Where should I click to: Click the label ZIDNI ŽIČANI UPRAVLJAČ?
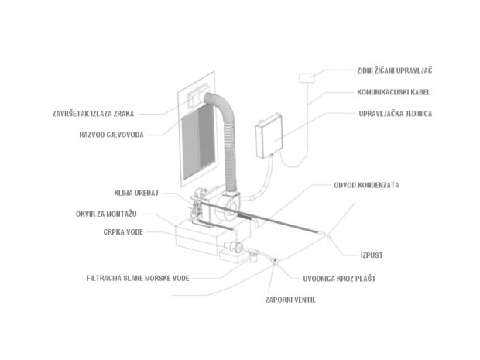[x=395, y=70]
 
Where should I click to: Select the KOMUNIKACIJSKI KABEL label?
[x=393, y=92]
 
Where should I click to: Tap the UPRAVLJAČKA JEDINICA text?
[x=396, y=114]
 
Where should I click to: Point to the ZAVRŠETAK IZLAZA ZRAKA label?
[x=94, y=114]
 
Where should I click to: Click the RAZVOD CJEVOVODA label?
[x=111, y=135]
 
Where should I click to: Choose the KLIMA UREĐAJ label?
[x=136, y=194]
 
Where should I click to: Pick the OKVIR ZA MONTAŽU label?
[x=106, y=214]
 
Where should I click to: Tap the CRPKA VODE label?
[x=123, y=232]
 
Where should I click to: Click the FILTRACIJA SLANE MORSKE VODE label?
[x=138, y=278]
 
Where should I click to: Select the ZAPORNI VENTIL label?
[x=290, y=300]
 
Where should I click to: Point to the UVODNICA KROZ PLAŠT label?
[x=339, y=279]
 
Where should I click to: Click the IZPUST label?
[x=372, y=255]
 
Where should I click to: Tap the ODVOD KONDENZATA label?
[x=366, y=185]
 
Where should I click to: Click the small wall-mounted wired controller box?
[x=307, y=77]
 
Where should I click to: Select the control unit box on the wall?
[x=269, y=135]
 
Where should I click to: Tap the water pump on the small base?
[x=233, y=246]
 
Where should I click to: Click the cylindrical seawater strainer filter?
[x=253, y=255]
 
